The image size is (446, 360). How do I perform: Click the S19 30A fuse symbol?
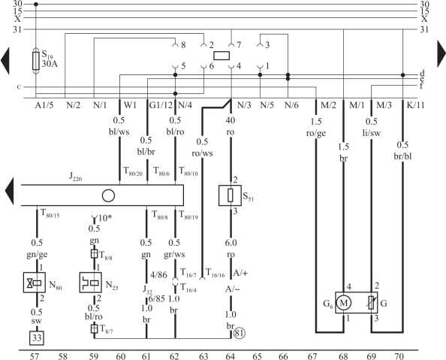[36, 61]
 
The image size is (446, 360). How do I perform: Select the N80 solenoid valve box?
[34, 283]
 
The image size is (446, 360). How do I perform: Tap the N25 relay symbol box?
[90, 283]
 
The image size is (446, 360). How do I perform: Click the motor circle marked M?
[344, 303]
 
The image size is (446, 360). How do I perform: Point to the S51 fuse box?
[230, 195]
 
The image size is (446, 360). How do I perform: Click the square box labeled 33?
[37, 338]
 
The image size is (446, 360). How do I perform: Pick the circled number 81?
[240, 333]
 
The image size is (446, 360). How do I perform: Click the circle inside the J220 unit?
[108, 196]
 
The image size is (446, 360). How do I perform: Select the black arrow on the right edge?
[441, 54]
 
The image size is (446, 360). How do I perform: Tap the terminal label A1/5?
[44, 105]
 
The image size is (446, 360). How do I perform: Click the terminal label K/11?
[415, 105]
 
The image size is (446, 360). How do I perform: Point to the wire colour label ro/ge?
[316, 133]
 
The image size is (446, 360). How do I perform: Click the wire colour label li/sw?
[372, 133]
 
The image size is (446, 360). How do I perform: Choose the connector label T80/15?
[50, 213]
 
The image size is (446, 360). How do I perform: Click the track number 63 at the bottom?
[203, 356]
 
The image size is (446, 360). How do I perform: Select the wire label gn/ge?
[37, 255]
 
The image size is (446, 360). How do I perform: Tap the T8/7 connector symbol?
[94, 328]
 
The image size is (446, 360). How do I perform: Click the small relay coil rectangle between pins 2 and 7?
[221, 56]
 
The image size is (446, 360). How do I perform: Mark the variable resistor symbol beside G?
[372, 303]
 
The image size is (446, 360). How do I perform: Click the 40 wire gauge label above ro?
[231, 120]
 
